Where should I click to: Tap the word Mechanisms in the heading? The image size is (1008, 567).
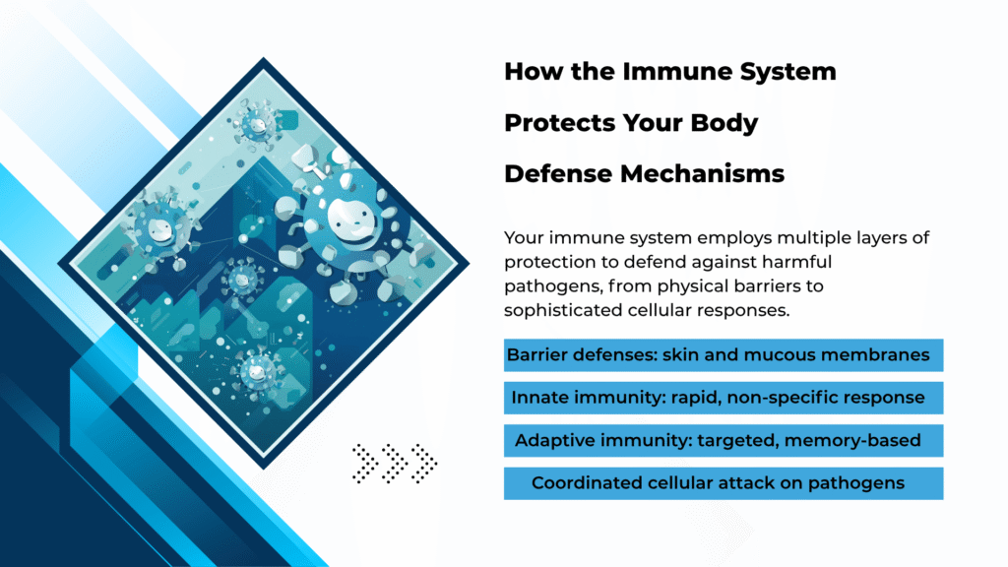(703, 173)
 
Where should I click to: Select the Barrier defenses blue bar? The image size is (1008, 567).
(724, 354)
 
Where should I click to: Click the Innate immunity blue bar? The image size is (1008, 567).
(724, 398)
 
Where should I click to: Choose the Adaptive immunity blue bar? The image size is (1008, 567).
(724, 440)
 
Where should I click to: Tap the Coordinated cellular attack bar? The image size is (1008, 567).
(724, 483)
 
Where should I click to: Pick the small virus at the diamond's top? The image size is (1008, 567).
(258, 123)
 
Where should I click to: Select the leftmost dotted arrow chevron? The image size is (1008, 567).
(364, 463)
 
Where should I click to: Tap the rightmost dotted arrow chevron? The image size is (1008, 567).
(423, 463)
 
